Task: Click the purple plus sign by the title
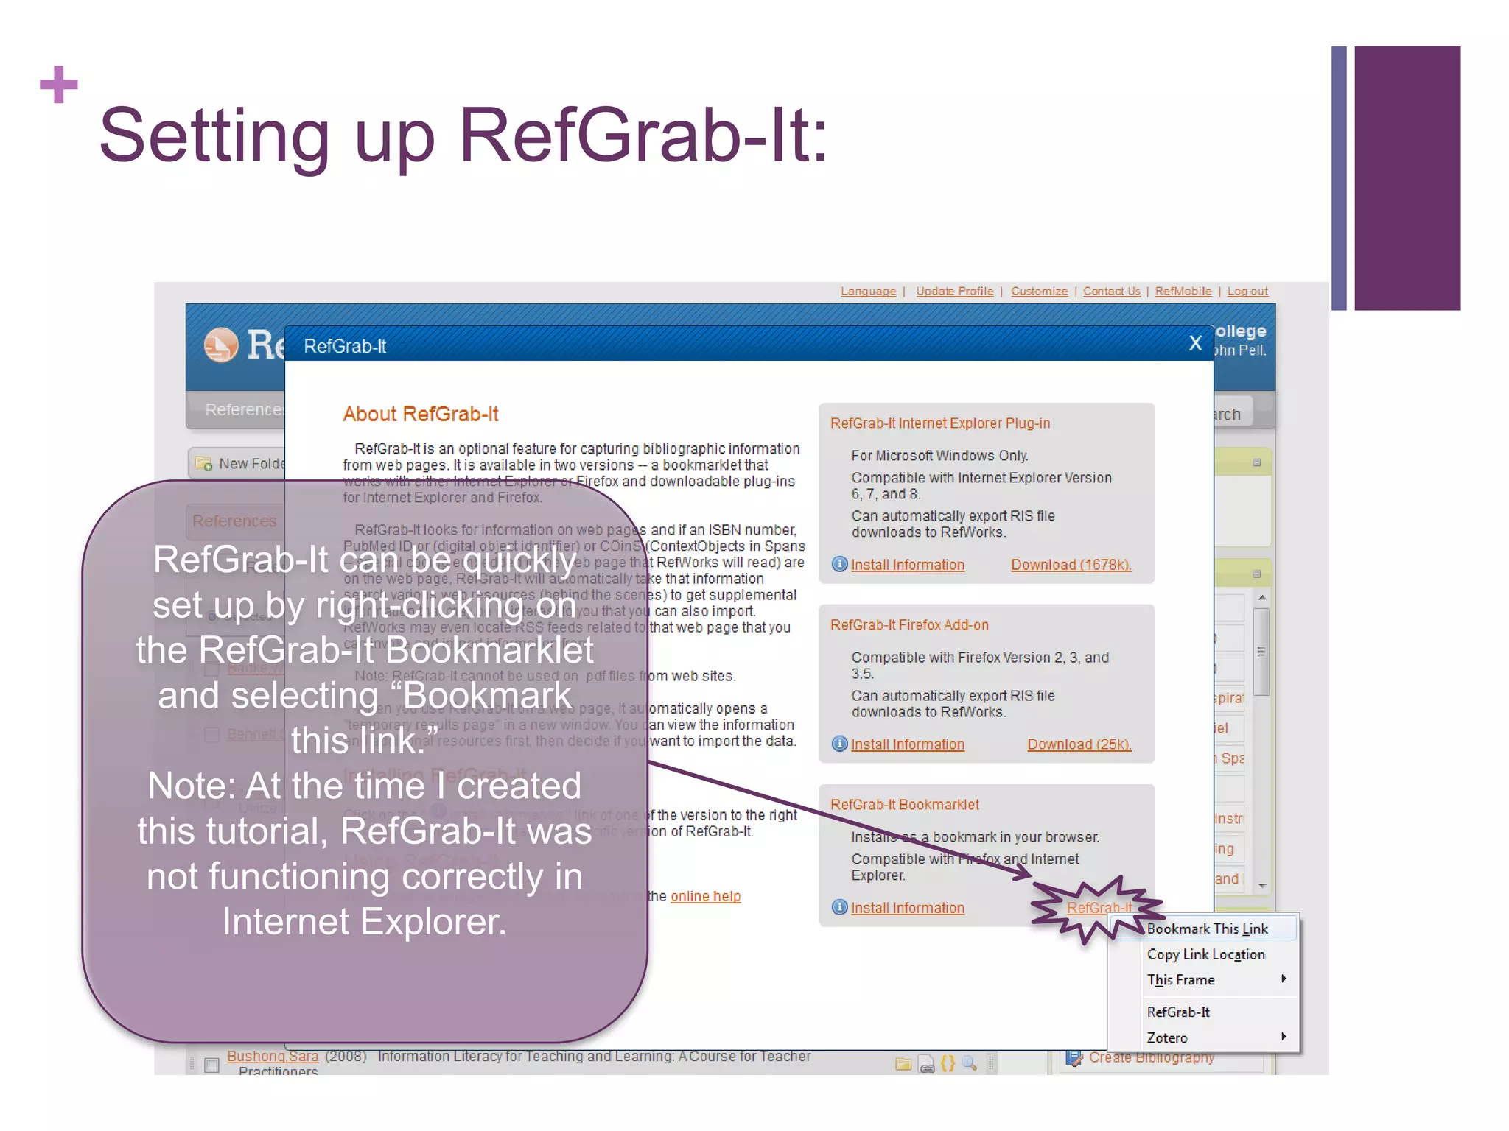click(59, 85)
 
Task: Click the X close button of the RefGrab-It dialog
click(1195, 343)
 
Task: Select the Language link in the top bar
click(868, 292)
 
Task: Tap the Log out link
click(1247, 292)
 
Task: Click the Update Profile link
click(954, 292)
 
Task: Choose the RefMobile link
click(1183, 292)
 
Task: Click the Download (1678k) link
click(1070, 565)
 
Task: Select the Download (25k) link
click(1079, 744)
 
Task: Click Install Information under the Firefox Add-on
click(907, 744)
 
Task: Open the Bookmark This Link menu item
click(1207, 929)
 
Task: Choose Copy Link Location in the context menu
click(1205, 954)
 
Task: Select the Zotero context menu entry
click(1167, 1037)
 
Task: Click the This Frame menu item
click(1180, 980)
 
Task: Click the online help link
click(705, 896)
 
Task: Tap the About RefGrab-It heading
click(420, 414)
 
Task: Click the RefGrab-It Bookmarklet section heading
click(904, 805)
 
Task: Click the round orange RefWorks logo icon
click(221, 345)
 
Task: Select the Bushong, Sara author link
click(273, 1056)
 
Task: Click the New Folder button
click(239, 464)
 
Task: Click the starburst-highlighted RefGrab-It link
click(1098, 908)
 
